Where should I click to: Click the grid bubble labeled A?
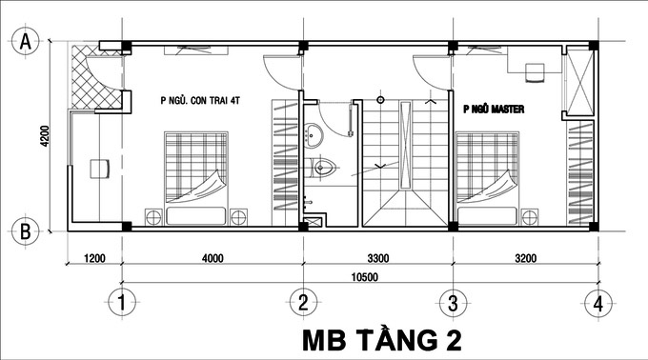27,41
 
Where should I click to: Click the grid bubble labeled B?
27,230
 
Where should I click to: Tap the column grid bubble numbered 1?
119,304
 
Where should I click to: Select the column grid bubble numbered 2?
302,304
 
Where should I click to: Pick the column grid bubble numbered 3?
452,304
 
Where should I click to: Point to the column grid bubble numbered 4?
597,304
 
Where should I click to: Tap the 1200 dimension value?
92,257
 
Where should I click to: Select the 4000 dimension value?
212,257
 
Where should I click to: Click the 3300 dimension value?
377,257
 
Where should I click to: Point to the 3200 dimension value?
524,257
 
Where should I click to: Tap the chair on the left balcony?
97,169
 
